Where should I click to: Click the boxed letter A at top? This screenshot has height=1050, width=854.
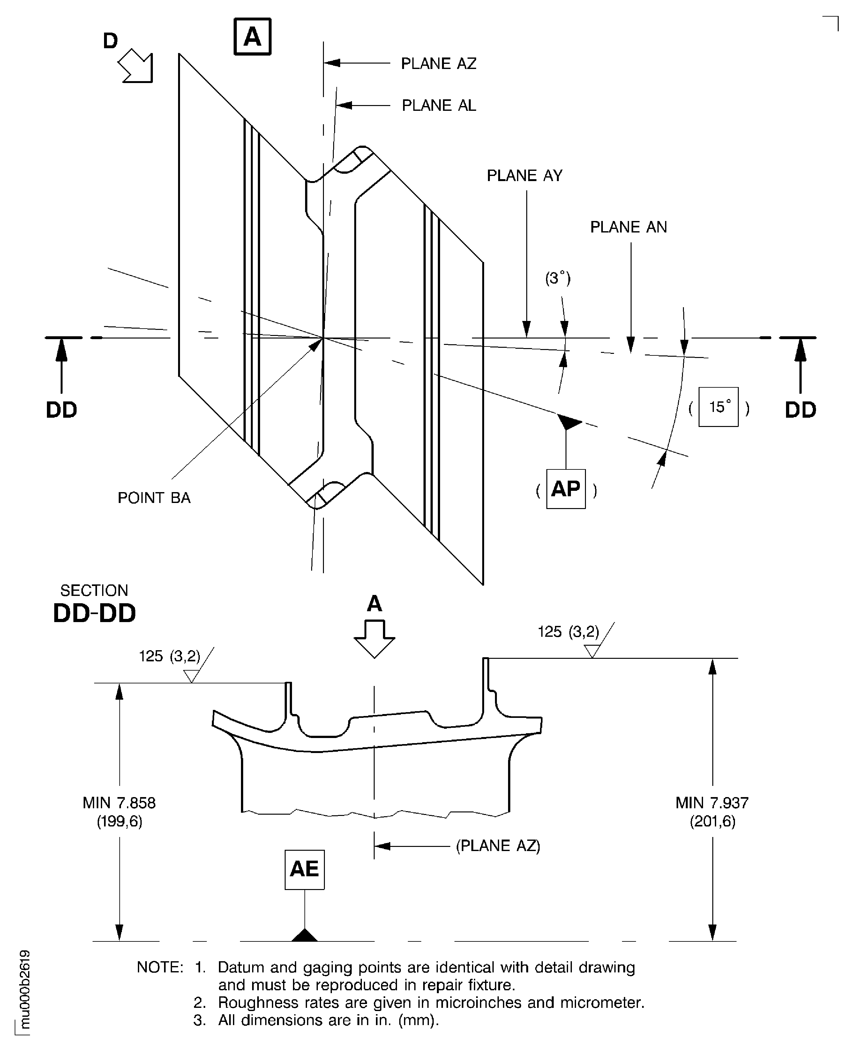(x=252, y=36)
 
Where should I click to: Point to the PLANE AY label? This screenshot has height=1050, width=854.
(x=524, y=176)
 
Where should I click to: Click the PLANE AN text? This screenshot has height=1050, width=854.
(x=628, y=227)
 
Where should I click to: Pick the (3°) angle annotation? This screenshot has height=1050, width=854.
(x=557, y=278)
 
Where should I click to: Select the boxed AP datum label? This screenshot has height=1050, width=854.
(x=566, y=489)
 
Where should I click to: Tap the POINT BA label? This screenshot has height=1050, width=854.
(x=154, y=498)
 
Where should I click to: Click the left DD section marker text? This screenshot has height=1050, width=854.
(x=62, y=410)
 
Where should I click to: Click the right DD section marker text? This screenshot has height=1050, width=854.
(x=800, y=410)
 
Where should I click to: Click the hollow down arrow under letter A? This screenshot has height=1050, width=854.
(x=374, y=639)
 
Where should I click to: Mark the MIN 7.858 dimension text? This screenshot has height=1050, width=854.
(x=119, y=812)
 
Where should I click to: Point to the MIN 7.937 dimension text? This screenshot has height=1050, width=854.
(x=712, y=812)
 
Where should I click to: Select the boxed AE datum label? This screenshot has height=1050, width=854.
(x=304, y=869)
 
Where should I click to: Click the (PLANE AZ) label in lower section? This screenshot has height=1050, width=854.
(x=498, y=846)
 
